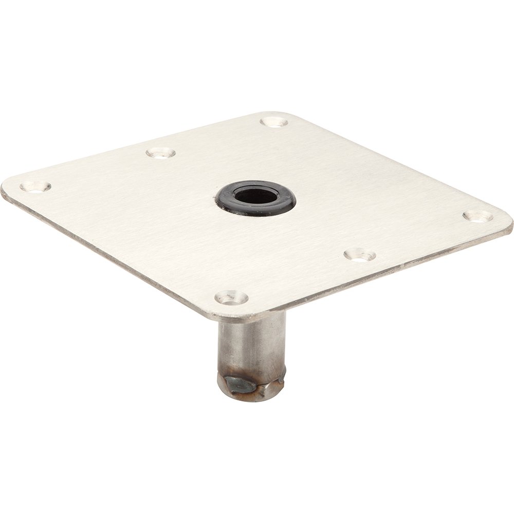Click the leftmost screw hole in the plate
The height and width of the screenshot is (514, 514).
click(35, 187)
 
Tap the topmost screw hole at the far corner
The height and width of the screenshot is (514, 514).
click(274, 122)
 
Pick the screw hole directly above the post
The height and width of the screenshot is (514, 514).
click(231, 297)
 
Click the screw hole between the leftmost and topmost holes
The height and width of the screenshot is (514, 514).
click(161, 153)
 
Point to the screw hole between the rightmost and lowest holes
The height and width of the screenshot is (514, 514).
click(360, 254)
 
